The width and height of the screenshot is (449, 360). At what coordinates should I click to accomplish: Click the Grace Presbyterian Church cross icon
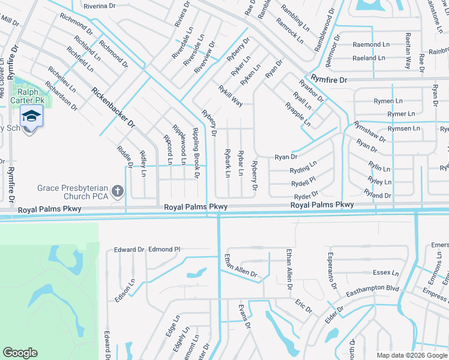118,192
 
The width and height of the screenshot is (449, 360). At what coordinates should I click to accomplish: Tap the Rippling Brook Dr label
195,153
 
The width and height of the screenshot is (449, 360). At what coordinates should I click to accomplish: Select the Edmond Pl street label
164,249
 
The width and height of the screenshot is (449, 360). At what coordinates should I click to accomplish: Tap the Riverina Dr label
100,6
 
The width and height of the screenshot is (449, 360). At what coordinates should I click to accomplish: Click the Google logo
20,353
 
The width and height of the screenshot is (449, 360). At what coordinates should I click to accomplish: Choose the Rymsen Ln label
403,128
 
